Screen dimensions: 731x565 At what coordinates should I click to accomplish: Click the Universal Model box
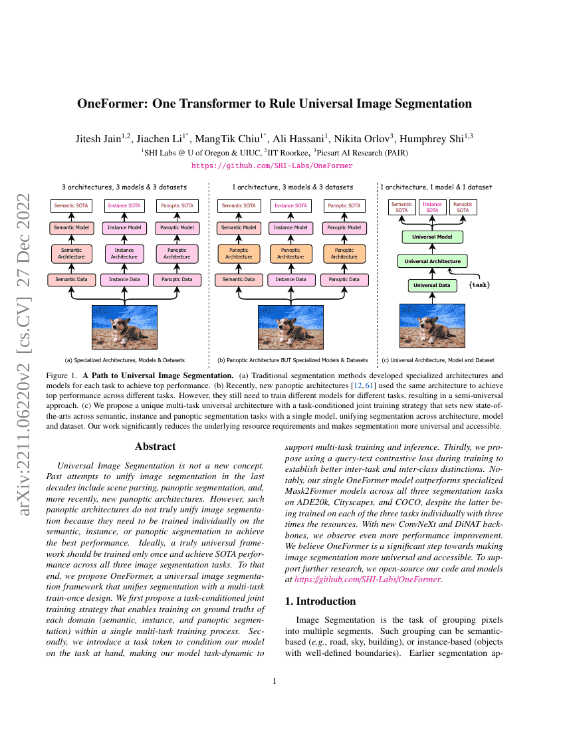433,237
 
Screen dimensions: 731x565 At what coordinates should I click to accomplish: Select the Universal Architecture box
433,261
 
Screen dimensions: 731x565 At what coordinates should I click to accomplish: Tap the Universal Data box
433,286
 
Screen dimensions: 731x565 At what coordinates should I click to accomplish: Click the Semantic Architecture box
71,253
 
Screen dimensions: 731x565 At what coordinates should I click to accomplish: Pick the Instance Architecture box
124,253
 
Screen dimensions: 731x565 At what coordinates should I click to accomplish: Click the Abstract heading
155,447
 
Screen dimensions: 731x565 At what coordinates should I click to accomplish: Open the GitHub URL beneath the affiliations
272,165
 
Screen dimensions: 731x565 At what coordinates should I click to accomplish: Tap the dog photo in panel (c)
433,326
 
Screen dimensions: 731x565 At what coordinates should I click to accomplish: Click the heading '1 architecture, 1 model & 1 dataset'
437,187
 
